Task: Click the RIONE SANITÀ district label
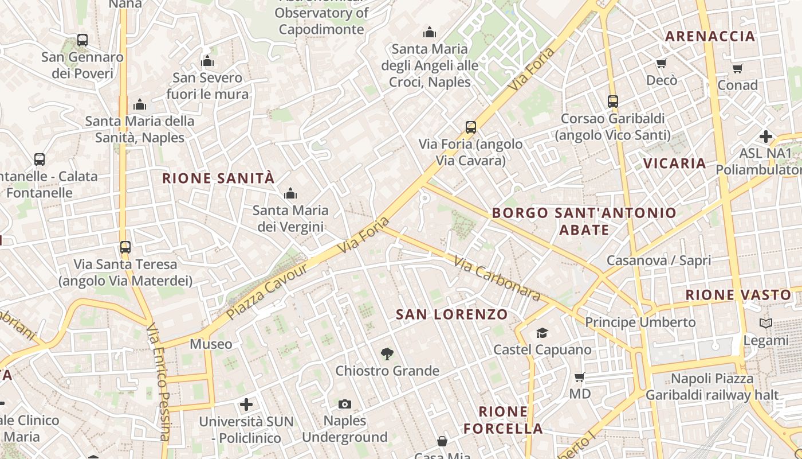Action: point(218,178)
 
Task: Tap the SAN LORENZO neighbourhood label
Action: point(452,314)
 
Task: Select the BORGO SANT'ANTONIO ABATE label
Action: point(584,221)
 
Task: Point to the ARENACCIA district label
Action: point(710,36)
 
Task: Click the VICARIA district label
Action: point(674,163)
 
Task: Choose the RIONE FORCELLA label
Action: point(503,420)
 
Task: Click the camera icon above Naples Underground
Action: point(344,404)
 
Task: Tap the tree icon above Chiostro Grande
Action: point(387,354)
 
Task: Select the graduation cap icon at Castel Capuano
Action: point(542,333)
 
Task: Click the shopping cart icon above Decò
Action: point(662,63)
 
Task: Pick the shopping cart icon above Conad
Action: point(738,68)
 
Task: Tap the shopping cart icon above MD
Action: point(580,377)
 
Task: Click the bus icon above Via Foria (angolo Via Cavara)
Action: point(471,127)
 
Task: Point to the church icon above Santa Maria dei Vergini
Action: point(290,193)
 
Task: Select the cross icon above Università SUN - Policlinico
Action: point(246,404)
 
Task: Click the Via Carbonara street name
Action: point(497,279)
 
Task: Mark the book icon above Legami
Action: point(766,323)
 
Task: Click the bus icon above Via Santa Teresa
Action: point(125,247)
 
